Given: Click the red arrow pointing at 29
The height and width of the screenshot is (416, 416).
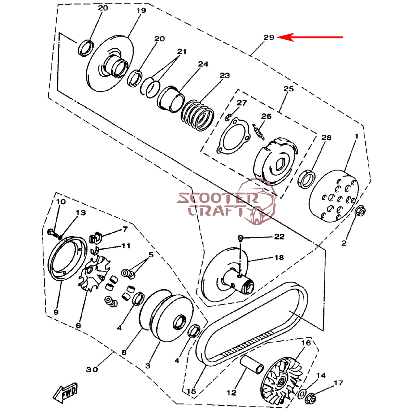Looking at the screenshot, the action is click(x=309, y=37).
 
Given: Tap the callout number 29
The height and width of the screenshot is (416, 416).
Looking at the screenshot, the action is click(x=269, y=37).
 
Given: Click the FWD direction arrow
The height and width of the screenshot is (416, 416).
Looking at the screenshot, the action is click(x=65, y=393).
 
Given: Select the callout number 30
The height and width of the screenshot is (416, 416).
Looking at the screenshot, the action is click(x=92, y=370).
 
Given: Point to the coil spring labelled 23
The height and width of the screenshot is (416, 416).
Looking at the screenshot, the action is click(x=197, y=115).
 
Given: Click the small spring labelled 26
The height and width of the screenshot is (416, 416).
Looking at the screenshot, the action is click(x=259, y=132).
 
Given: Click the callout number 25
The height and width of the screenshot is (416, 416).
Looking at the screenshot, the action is click(x=289, y=89).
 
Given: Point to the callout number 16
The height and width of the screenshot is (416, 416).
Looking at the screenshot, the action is click(x=306, y=343).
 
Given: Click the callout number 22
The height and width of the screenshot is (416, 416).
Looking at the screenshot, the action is click(x=279, y=237).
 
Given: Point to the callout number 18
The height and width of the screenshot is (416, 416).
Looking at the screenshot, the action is click(x=279, y=257).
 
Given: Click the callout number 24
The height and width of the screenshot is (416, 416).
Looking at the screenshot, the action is click(x=203, y=64).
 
